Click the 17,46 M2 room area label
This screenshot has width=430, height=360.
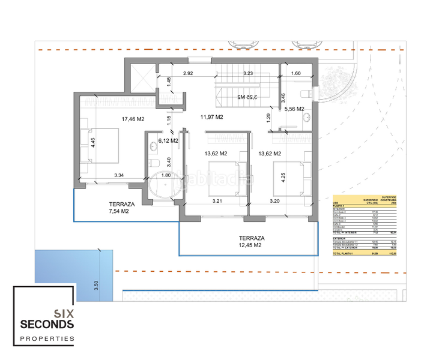click(133, 119)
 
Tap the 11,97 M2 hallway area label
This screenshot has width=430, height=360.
click(211, 116)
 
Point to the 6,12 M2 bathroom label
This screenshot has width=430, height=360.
click(168, 141)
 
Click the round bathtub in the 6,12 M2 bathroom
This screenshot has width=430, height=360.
click(164, 187)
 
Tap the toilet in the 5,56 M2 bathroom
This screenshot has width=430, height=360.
click(304, 93)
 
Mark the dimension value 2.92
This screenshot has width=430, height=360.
click(188, 73)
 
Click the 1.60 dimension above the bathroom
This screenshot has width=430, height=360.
click(295, 73)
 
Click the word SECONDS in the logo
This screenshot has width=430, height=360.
click(47, 325)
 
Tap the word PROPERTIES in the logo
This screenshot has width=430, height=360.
click(47, 339)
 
